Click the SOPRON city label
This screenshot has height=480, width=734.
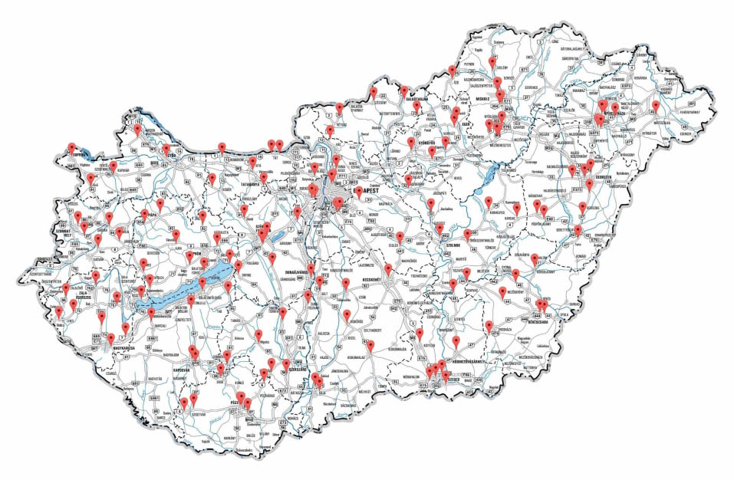click(x=72, y=154)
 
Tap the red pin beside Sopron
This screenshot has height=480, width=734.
click(x=71, y=146)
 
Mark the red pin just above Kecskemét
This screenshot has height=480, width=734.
click(x=389, y=268)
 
